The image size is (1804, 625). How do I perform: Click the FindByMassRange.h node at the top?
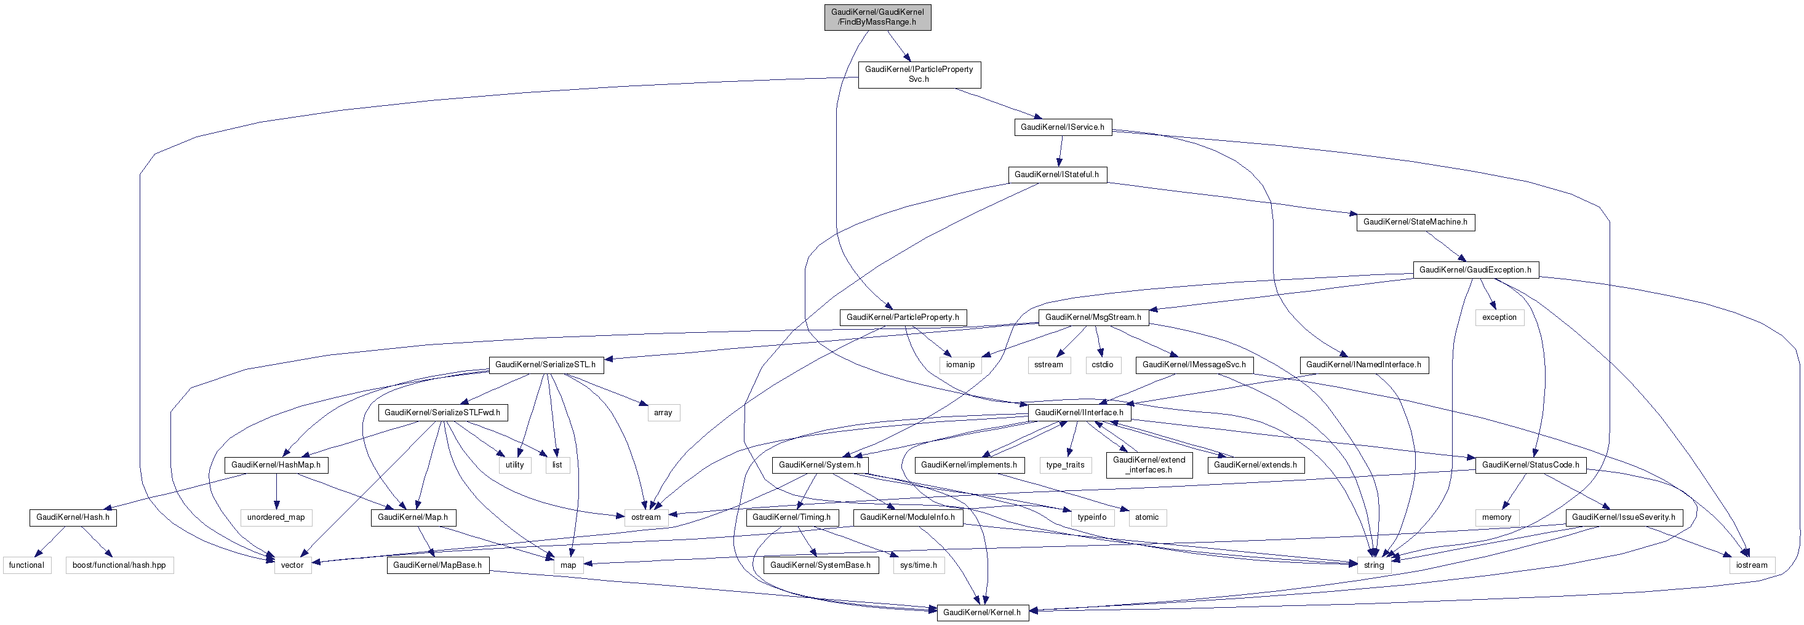click(x=877, y=17)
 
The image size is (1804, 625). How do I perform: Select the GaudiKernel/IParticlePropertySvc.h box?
click(x=919, y=74)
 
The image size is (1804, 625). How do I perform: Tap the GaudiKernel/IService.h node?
click(x=1062, y=127)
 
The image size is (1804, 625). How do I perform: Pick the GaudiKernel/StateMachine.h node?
click(x=1415, y=222)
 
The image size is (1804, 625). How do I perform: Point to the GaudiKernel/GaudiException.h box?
click(x=1475, y=269)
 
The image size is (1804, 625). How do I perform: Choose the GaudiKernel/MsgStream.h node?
click(x=1093, y=317)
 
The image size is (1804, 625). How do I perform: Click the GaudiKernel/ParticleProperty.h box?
click(x=902, y=317)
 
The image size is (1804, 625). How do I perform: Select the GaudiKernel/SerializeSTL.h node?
click(x=545, y=365)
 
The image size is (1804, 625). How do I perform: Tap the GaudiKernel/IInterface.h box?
click(x=1079, y=412)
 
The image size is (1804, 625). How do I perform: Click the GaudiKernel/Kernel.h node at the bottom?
click(x=981, y=613)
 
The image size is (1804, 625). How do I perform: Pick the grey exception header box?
click(x=1499, y=317)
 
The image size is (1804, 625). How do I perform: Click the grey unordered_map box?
click(x=276, y=517)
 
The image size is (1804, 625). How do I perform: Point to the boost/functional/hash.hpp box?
click(x=119, y=565)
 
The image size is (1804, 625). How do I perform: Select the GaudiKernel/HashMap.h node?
click(x=276, y=464)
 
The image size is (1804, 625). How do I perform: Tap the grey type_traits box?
click(x=1064, y=464)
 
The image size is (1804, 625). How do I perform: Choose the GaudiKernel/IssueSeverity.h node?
click(x=1622, y=517)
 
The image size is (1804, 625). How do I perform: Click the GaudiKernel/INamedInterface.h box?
click(x=1363, y=365)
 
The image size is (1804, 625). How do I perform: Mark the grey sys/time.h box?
click(x=918, y=565)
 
